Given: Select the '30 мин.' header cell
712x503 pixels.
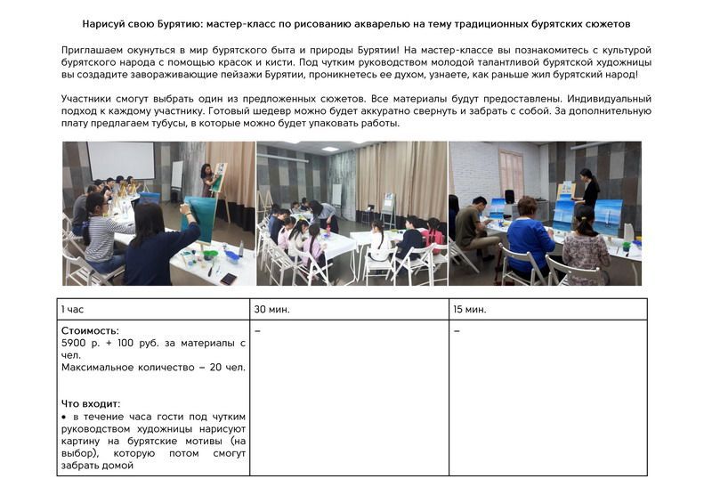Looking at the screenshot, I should point(271,309).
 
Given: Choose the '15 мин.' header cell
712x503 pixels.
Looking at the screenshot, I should point(470,309).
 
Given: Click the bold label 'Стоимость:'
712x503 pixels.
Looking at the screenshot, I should point(90,331).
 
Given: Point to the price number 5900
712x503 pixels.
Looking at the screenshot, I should point(77,343).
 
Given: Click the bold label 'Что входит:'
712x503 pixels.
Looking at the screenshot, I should point(91,403).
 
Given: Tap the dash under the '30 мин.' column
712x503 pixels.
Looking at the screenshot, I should point(257,331).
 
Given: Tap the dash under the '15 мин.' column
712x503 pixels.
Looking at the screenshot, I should point(457,331).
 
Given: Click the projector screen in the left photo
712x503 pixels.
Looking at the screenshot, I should point(119,160).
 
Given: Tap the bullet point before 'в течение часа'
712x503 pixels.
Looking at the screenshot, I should point(64,417).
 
